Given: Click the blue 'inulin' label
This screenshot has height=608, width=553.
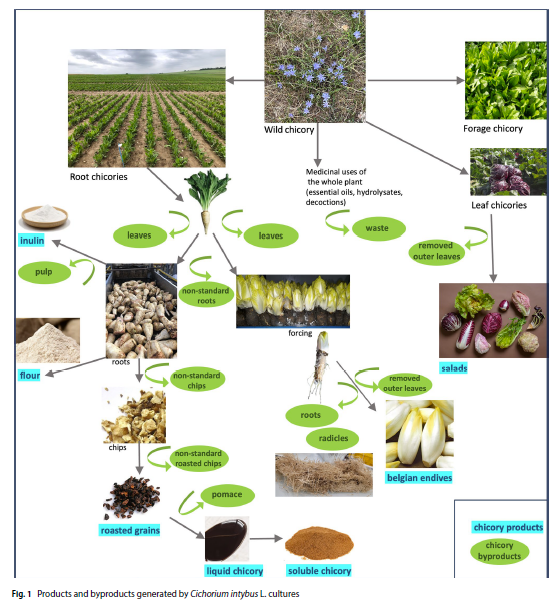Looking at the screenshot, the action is pos(32,240).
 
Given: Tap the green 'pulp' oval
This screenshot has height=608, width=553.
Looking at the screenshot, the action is pos(44,272).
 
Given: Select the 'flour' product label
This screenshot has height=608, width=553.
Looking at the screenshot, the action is pos(30,375).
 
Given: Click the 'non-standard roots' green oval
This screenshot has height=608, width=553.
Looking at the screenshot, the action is pos(206,295).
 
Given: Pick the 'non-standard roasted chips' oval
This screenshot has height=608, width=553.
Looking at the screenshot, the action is pos(198,458).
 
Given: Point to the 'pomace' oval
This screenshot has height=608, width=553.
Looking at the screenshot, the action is pos(227,495).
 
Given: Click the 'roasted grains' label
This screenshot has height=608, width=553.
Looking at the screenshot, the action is pos(130,530).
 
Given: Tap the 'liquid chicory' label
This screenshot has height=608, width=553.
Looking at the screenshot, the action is pos(234,571).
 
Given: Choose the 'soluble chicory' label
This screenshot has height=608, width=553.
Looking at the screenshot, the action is pos(319,570).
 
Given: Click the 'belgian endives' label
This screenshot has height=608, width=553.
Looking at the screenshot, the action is pos(419,478).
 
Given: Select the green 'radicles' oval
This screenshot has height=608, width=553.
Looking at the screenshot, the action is pos(333,439).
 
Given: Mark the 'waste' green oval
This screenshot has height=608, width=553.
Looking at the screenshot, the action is pos(378,228).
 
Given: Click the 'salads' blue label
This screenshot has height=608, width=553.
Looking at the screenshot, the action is pos(454,368).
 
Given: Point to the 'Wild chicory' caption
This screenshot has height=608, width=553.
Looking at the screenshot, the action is pos(289,130).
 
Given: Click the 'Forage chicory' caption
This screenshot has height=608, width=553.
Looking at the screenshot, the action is pos(493,128).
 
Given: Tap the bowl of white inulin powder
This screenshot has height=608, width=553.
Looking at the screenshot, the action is pos(45,216).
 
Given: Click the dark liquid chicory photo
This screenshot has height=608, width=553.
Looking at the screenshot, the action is pos(227,539).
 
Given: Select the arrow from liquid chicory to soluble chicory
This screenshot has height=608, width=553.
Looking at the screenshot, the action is pos(266,538).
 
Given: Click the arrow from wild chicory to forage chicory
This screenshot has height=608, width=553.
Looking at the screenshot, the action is pos(416,81).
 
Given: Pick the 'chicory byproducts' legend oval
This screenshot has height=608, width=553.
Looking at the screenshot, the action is pos(499,551).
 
